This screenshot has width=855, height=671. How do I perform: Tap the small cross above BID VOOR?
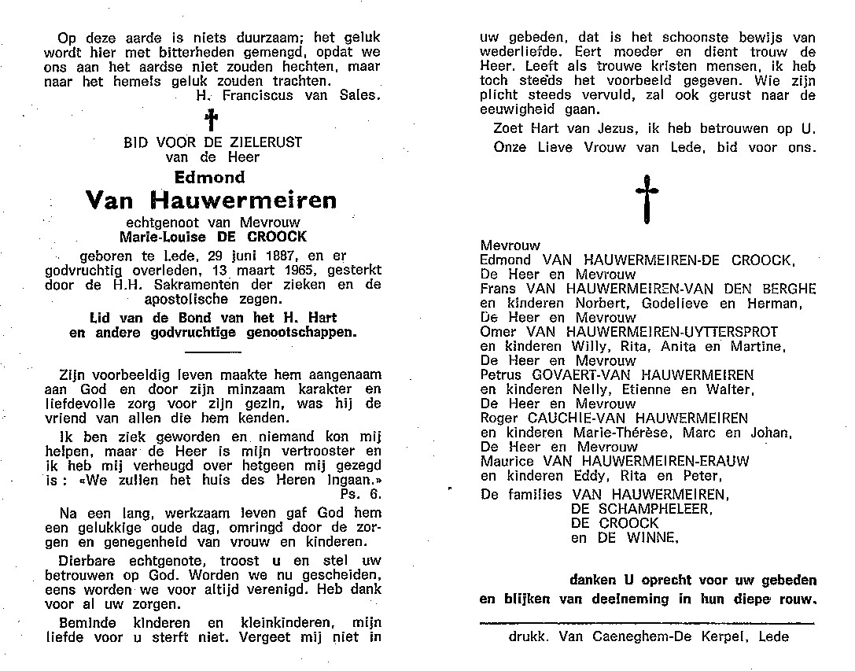[210, 120]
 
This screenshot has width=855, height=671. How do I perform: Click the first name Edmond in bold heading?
[210, 177]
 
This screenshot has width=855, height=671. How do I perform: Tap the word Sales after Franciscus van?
[359, 95]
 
